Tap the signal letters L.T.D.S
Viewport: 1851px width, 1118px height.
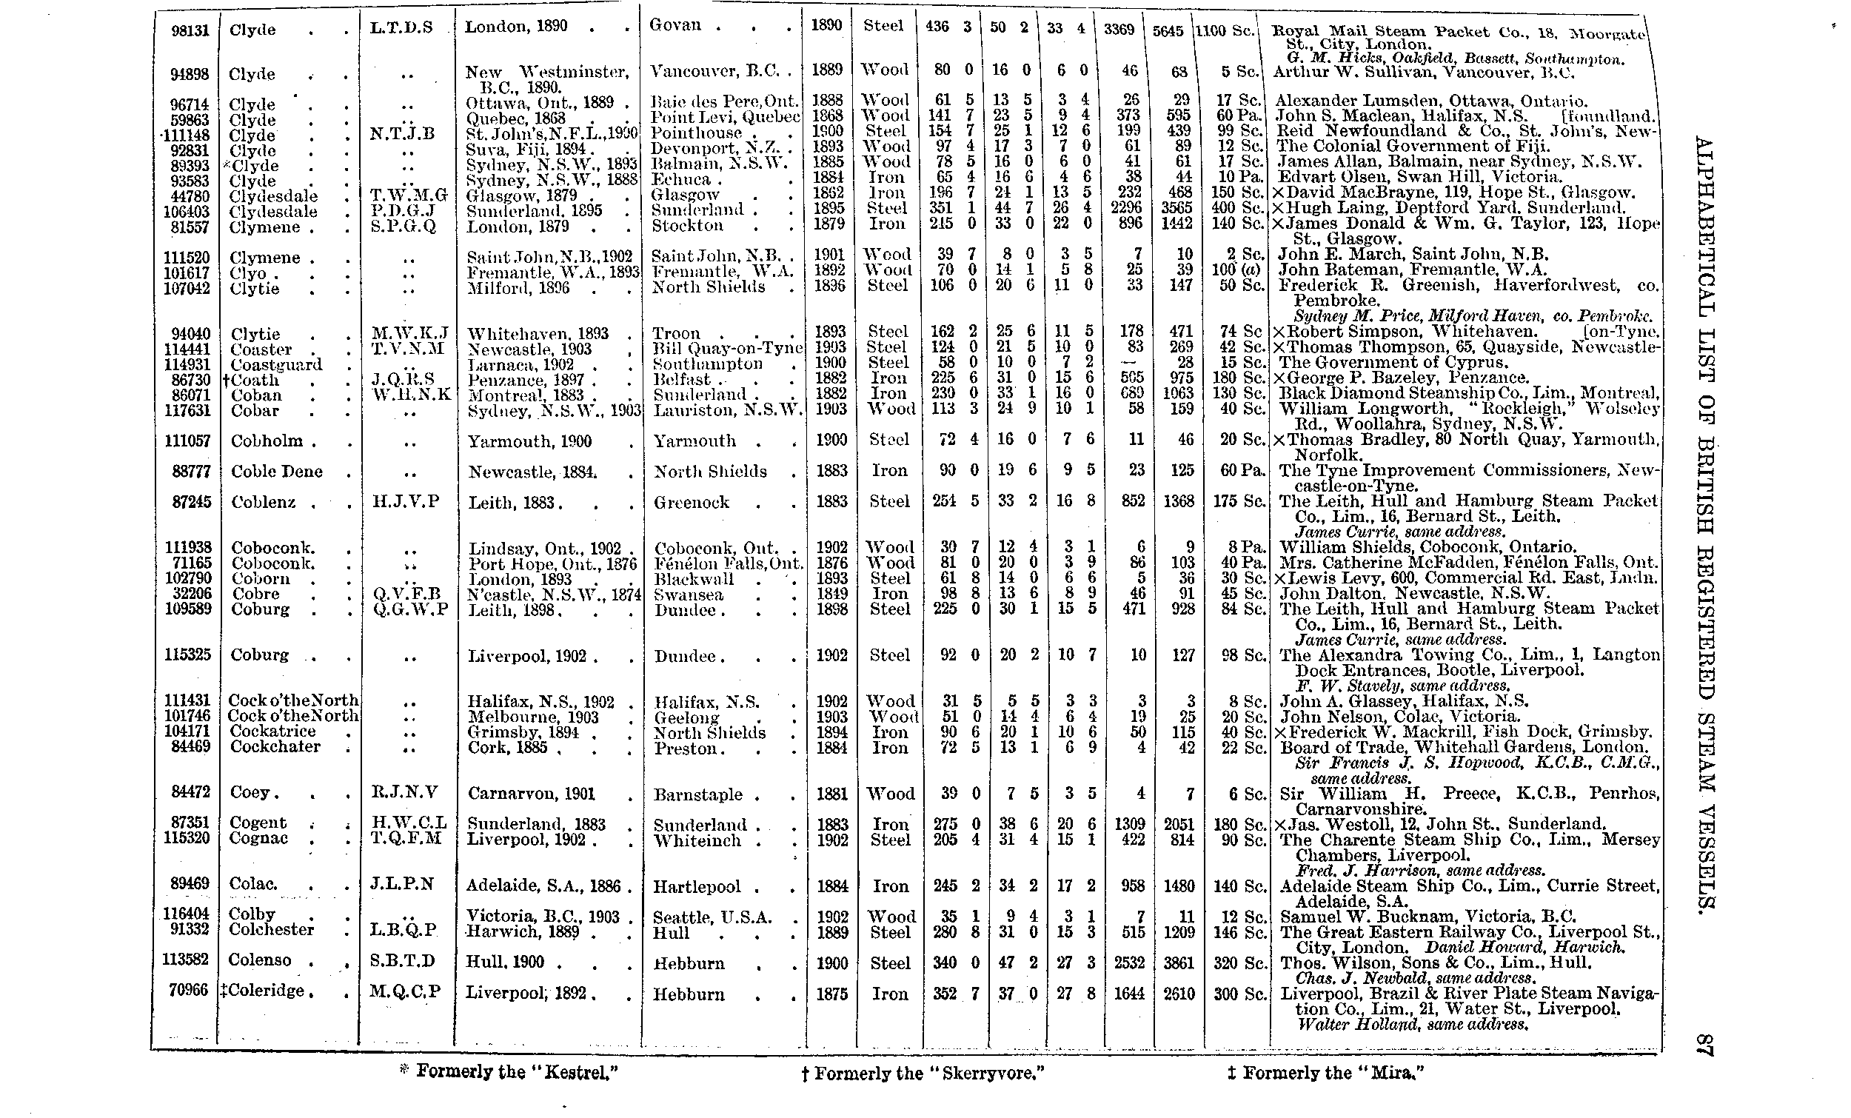(402, 28)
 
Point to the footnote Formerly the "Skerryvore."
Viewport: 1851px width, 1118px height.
(923, 1074)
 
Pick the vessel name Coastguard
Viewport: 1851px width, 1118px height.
(275, 364)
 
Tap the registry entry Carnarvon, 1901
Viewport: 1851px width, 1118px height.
(531, 794)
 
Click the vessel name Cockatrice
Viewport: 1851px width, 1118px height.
(272, 731)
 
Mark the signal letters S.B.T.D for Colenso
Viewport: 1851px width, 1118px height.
(403, 961)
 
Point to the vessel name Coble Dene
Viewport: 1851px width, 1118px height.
(276, 471)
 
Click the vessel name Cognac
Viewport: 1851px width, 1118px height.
(258, 837)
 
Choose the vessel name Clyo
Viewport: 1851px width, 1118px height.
(248, 272)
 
